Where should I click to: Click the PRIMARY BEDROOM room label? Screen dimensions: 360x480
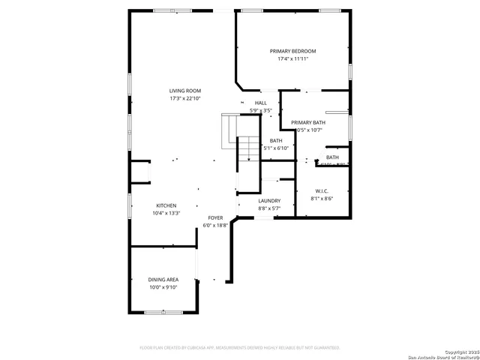(292, 51)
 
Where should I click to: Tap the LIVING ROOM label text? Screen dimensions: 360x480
(184, 91)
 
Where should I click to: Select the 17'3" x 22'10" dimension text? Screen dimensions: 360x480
(184, 98)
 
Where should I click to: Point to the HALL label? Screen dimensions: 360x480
(261, 103)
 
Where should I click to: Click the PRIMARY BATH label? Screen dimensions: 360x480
(308, 122)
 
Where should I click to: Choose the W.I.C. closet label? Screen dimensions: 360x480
(322, 191)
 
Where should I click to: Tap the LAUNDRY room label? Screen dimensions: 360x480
(268, 201)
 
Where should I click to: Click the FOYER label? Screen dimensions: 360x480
(215, 217)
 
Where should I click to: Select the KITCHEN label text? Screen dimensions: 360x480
(166, 205)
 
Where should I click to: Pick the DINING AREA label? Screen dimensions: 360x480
(163, 279)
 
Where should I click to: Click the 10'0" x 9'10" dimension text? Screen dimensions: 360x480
(163, 286)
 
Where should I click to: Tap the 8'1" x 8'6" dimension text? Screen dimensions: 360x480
(322, 199)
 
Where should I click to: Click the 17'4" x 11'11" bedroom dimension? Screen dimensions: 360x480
(292, 58)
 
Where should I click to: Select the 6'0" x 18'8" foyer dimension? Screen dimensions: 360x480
(215, 225)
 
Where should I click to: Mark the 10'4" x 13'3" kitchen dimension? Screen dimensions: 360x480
(166, 213)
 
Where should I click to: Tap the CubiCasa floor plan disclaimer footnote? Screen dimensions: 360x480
(240, 347)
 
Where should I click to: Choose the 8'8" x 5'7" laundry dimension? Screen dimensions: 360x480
(268, 208)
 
